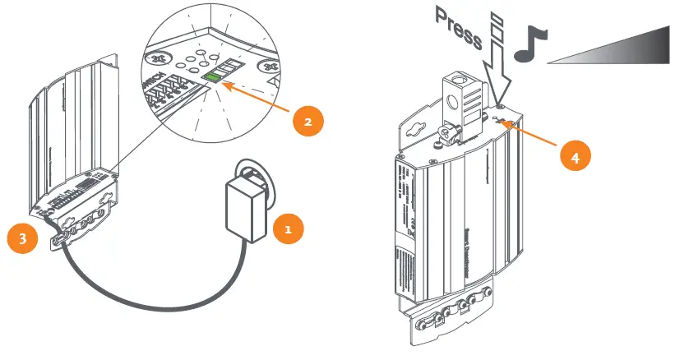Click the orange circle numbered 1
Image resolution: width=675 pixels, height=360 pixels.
(x=286, y=230)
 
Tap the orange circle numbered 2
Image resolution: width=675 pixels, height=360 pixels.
(x=307, y=122)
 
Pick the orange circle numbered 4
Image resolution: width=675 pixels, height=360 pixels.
(x=574, y=156)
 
